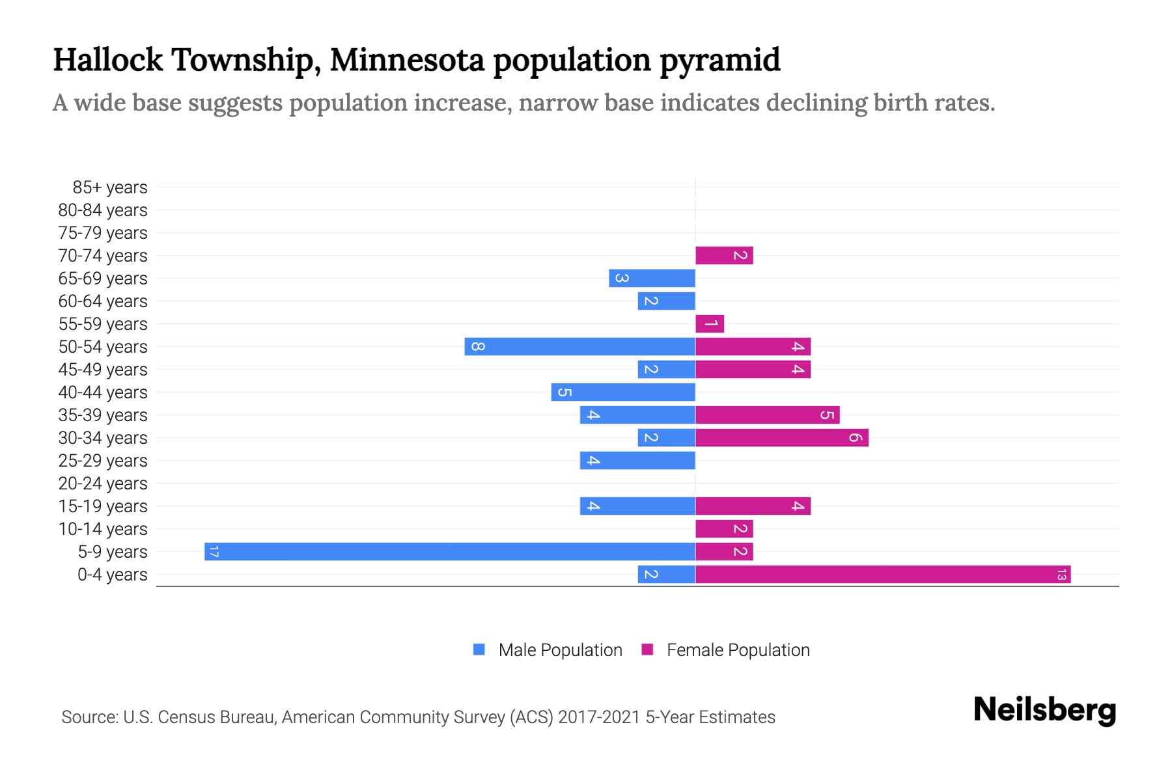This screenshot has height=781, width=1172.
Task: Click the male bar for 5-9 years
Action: [x=449, y=552]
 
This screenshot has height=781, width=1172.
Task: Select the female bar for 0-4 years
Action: [x=882, y=575]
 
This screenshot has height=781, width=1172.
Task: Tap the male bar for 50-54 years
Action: [x=579, y=347]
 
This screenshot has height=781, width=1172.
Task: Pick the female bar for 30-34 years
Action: [x=781, y=438]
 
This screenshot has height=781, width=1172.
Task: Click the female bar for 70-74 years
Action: [x=723, y=256]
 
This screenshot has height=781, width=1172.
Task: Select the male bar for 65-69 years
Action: [x=652, y=279]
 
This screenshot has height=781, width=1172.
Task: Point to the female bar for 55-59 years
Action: [x=709, y=324]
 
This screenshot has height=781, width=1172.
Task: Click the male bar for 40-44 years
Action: [x=623, y=392]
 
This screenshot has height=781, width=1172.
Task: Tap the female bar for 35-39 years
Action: [x=767, y=415]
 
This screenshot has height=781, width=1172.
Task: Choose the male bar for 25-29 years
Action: [x=637, y=461]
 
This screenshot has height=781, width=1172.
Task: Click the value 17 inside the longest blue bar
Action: [x=214, y=552]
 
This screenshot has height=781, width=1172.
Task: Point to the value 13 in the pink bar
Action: [x=1061, y=575]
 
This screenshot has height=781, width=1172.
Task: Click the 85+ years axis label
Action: [x=109, y=187]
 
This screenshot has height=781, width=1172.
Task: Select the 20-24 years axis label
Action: [x=102, y=484]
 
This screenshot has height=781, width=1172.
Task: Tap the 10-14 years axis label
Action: [x=102, y=529]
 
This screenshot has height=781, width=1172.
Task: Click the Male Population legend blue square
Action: [x=479, y=650]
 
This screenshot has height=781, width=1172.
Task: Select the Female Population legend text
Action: [x=738, y=650]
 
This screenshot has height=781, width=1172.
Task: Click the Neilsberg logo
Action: [x=1044, y=710]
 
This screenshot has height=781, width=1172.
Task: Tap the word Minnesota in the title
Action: [x=407, y=60]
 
